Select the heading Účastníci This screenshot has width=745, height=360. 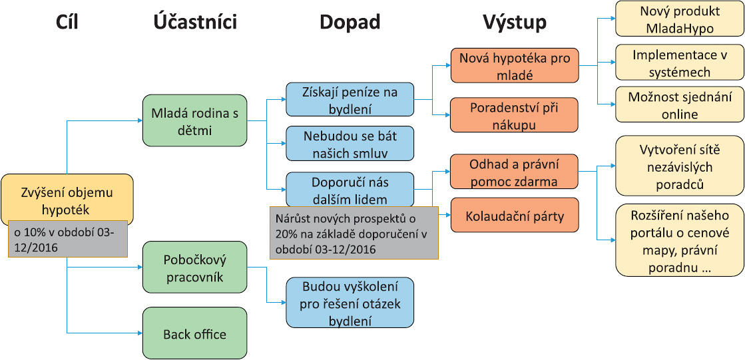(x=195, y=22)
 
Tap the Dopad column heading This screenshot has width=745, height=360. (x=350, y=23)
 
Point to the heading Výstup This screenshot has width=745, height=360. (x=515, y=23)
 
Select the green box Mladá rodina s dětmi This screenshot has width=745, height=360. (x=195, y=120)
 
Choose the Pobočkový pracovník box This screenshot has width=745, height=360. (x=195, y=267)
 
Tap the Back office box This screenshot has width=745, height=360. (x=195, y=333)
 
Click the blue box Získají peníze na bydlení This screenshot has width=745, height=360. (x=350, y=99)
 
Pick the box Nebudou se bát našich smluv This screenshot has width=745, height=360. (x=350, y=143)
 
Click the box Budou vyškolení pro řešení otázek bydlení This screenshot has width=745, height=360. (x=350, y=303)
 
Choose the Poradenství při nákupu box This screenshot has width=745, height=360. (x=514, y=114)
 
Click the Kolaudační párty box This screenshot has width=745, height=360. (x=514, y=215)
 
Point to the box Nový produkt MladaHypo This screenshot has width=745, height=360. (x=680, y=19)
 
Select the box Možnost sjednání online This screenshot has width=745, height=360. (x=680, y=104)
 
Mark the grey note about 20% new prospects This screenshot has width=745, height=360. (x=354, y=233)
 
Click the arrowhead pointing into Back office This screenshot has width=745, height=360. (x=140, y=333)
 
